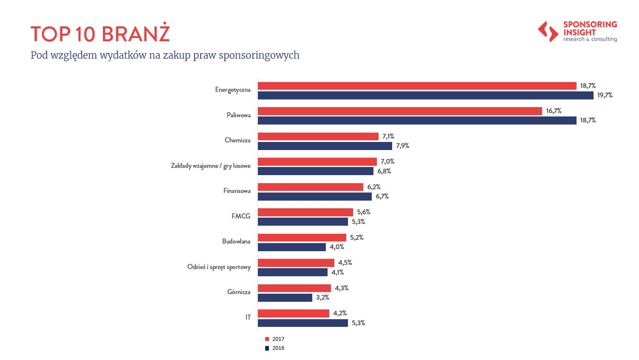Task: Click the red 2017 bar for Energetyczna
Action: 417,86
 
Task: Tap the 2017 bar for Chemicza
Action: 318,136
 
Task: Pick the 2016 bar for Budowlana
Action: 291,247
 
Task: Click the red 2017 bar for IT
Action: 293,313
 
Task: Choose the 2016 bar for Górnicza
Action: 285,298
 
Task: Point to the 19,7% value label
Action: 605,95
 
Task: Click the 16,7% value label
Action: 554,111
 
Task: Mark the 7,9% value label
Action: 402,146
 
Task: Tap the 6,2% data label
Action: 374,187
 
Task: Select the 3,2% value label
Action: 322,298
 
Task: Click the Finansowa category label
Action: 237,191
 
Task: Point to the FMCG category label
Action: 241,216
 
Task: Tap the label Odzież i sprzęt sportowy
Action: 219,267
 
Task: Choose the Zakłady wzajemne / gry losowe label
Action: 211,166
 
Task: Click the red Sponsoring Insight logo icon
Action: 548,32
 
